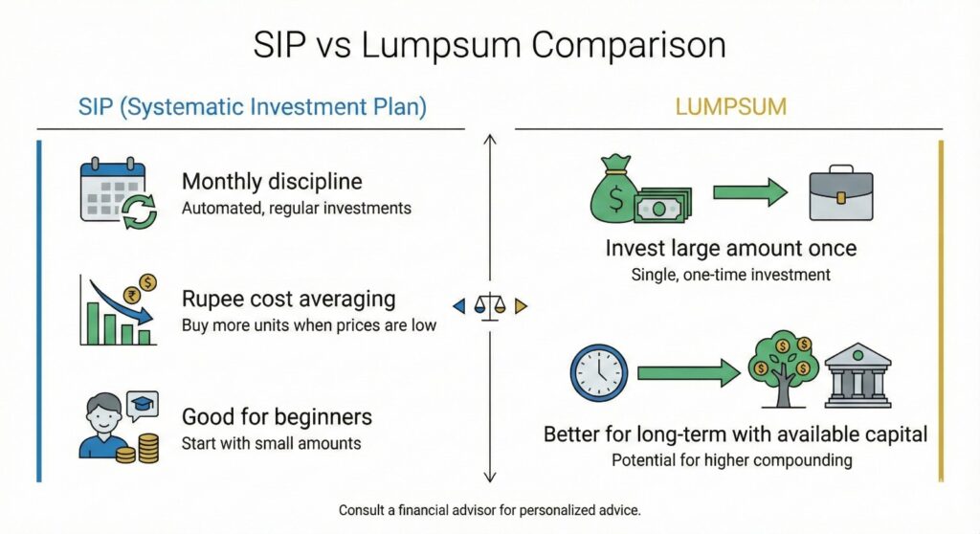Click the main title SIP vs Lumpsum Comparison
pyautogui.click(x=489, y=46)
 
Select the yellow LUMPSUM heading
pyautogui.click(x=730, y=106)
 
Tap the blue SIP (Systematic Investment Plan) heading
pyautogui.click(x=252, y=106)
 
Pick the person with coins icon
pyautogui.click(x=114, y=427)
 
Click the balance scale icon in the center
pyautogui.click(x=489, y=306)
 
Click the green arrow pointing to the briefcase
pyautogui.click(x=749, y=191)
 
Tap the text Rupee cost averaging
pyautogui.click(x=288, y=300)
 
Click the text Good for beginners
pyautogui.click(x=277, y=418)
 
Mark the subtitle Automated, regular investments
pyautogui.click(x=296, y=208)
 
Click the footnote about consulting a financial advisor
pyautogui.click(x=489, y=511)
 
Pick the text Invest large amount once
pyautogui.click(x=730, y=250)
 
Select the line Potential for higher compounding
pyautogui.click(x=731, y=460)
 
